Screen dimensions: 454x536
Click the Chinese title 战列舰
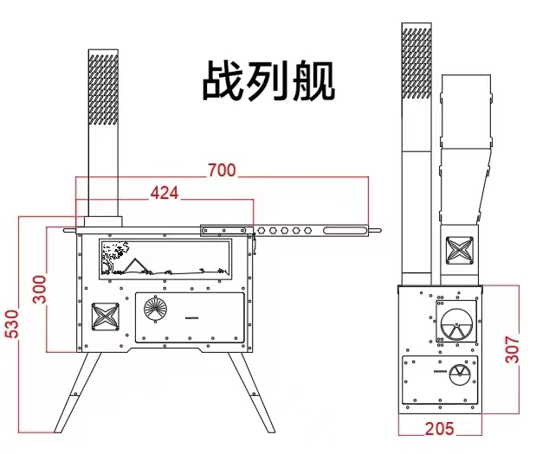pyautogui.click(x=268, y=81)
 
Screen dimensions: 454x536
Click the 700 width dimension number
pyautogui.click(x=222, y=170)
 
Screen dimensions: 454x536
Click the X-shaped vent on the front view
pyautogui.click(x=105, y=317)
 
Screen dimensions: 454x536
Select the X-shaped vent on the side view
pyautogui.click(x=459, y=252)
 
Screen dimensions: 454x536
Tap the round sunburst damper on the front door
pyautogui.click(x=156, y=307)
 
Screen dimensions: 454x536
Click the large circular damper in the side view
pyautogui.click(x=457, y=325)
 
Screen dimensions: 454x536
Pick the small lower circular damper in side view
pyautogui.click(x=459, y=374)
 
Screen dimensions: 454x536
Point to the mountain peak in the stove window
pyautogui.click(x=135, y=262)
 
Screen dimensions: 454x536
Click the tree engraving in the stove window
pyautogui.click(x=110, y=256)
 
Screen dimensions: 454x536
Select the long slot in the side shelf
pyautogui.click(x=344, y=230)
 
